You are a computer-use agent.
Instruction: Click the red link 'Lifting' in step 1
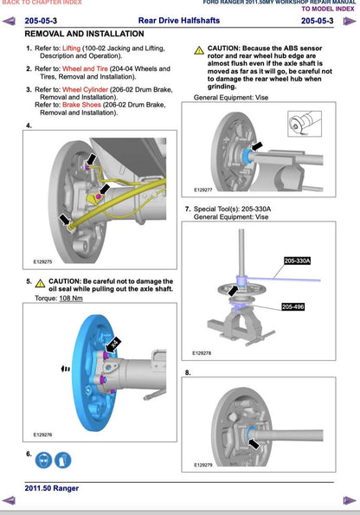pyautogui.click(x=71, y=48)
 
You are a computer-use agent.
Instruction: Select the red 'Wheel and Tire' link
pyautogui.click(x=85, y=69)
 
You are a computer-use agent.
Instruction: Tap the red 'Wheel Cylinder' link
pyautogui.click(x=85, y=90)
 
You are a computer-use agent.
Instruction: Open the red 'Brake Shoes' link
pyautogui.click(x=81, y=105)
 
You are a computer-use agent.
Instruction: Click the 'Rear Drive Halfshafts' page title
pyautogui.click(x=179, y=21)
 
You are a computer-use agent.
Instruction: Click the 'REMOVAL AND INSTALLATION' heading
pyautogui.click(x=85, y=34)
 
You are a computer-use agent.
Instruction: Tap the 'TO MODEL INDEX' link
pyautogui.click(x=328, y=9)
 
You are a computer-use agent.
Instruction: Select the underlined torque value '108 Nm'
pyautogui.click(x=71, y=299)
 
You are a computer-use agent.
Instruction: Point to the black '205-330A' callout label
pyautogui.click(x=298, y=261)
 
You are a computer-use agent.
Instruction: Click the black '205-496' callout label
pyautogui.click(x=293, y=306)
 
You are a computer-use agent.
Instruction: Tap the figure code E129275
pyautogui.click(x=42, y=261)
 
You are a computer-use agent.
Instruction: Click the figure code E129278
pyautogui.click(x=202, y=353)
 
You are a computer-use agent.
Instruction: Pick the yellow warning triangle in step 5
pyautogui.click(x=40, y=283)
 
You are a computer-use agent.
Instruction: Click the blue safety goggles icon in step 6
pyautogui.click(x=43, y=460)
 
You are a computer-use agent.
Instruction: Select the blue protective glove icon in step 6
pyautogui.click(x=62, y=460)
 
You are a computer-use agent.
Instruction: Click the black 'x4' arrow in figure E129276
pyautogui.click(x=113, y=344)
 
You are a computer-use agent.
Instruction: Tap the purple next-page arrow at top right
pyautogui.click(x=350, y=22)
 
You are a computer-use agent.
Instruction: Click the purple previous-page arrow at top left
pyautogui.click(x=9, y=22)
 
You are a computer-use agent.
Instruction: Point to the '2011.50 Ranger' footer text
pyautogui.click(x=52, y=488)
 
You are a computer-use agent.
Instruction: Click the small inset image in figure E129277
pyautogui.click(x=305, y=124)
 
